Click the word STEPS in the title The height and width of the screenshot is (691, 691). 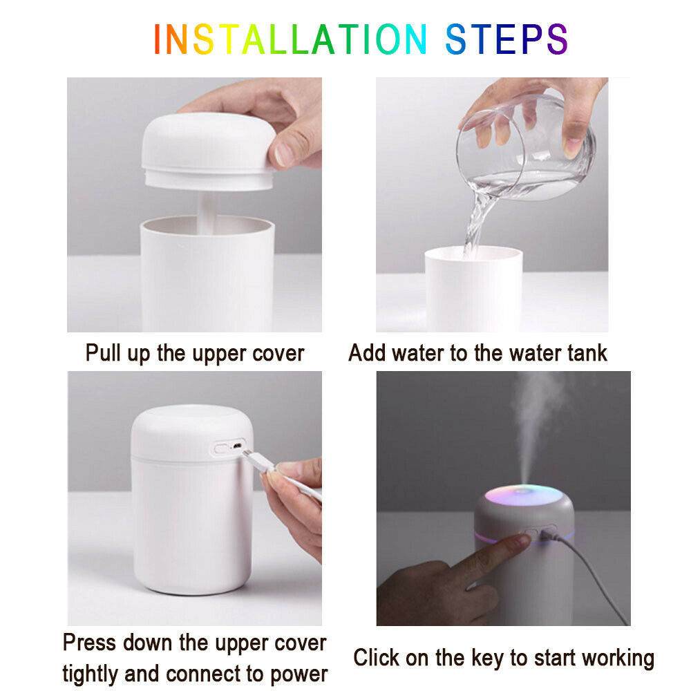(x=507, y=39)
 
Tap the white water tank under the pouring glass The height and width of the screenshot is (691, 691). (x=470, y=290)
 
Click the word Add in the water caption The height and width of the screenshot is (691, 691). (x=367, y=353)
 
